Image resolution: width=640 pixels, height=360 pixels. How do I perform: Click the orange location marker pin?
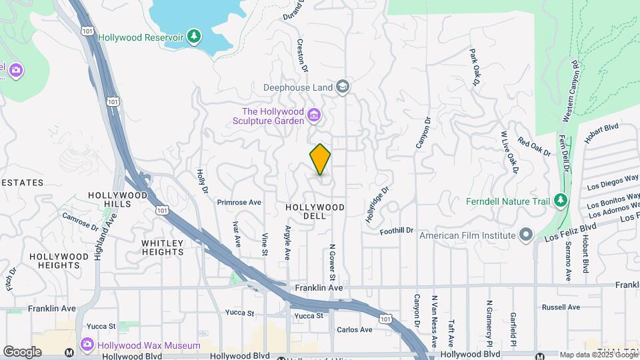tap(320, 159)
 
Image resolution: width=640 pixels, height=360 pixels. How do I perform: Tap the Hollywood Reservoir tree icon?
tap(194, 36)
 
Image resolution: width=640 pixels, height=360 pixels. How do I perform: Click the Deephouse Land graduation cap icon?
tap(343, 87)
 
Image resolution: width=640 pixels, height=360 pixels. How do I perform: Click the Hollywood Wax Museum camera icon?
tap(87, 345)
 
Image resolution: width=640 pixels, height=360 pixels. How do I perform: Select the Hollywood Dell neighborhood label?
tap(315, 211)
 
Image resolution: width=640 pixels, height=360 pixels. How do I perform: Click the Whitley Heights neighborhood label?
tap(163, 247)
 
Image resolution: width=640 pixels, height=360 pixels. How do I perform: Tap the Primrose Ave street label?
tap(239, 202)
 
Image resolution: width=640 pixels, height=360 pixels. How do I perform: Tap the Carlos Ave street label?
tap(354, 329)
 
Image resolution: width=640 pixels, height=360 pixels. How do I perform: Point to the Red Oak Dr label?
tap(534, 147)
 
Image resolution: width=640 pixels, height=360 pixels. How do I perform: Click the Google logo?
tap(22, 351)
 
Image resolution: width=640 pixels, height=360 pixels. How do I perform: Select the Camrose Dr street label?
tap(80, 221)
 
